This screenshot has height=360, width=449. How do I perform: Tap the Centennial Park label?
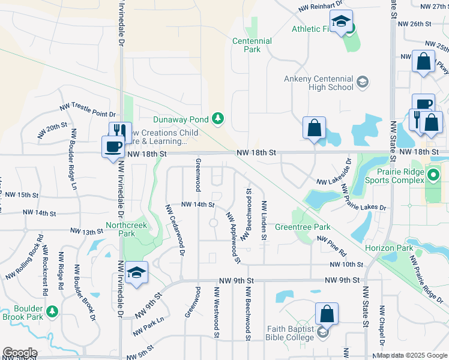(252, 45)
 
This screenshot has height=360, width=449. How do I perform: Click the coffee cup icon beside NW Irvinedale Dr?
(113, 146)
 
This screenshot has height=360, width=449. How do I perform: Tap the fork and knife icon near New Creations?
(120, 131)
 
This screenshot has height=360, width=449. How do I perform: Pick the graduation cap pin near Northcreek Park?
(137, 273)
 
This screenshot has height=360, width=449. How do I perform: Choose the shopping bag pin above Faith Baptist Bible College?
(327, 314)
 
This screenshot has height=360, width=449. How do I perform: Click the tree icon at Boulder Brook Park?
(52, 311)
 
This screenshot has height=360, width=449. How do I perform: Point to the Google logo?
(19, 353)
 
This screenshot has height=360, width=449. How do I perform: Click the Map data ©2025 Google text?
(412, 355)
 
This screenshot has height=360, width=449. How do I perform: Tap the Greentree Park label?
(303, 227)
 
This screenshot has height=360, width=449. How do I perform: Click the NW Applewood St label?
(233, 237)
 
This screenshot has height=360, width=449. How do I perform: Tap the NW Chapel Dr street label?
(381, 326)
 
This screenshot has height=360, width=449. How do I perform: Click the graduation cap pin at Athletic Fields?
(341, 24)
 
